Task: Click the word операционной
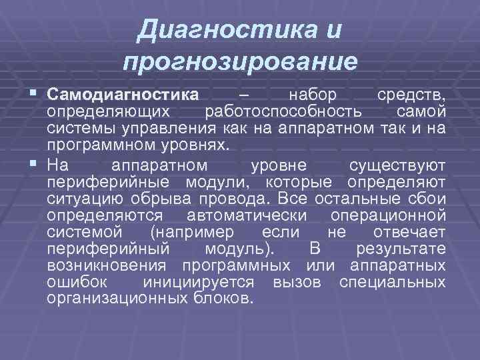pyautogui.click(x=388, y=215)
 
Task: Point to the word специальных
pyautogui.click(x=392, y=282)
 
